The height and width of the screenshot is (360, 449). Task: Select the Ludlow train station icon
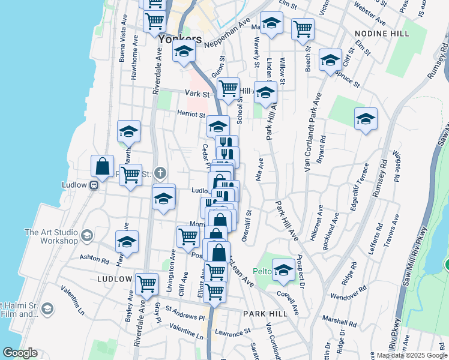pos(94,185)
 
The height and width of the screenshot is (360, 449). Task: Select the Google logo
pos(20,353)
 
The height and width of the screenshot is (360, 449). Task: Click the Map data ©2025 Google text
pos(412,355)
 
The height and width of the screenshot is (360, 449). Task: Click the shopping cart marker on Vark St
pos(228,88)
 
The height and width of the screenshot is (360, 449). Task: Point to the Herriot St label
pos(191,113)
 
